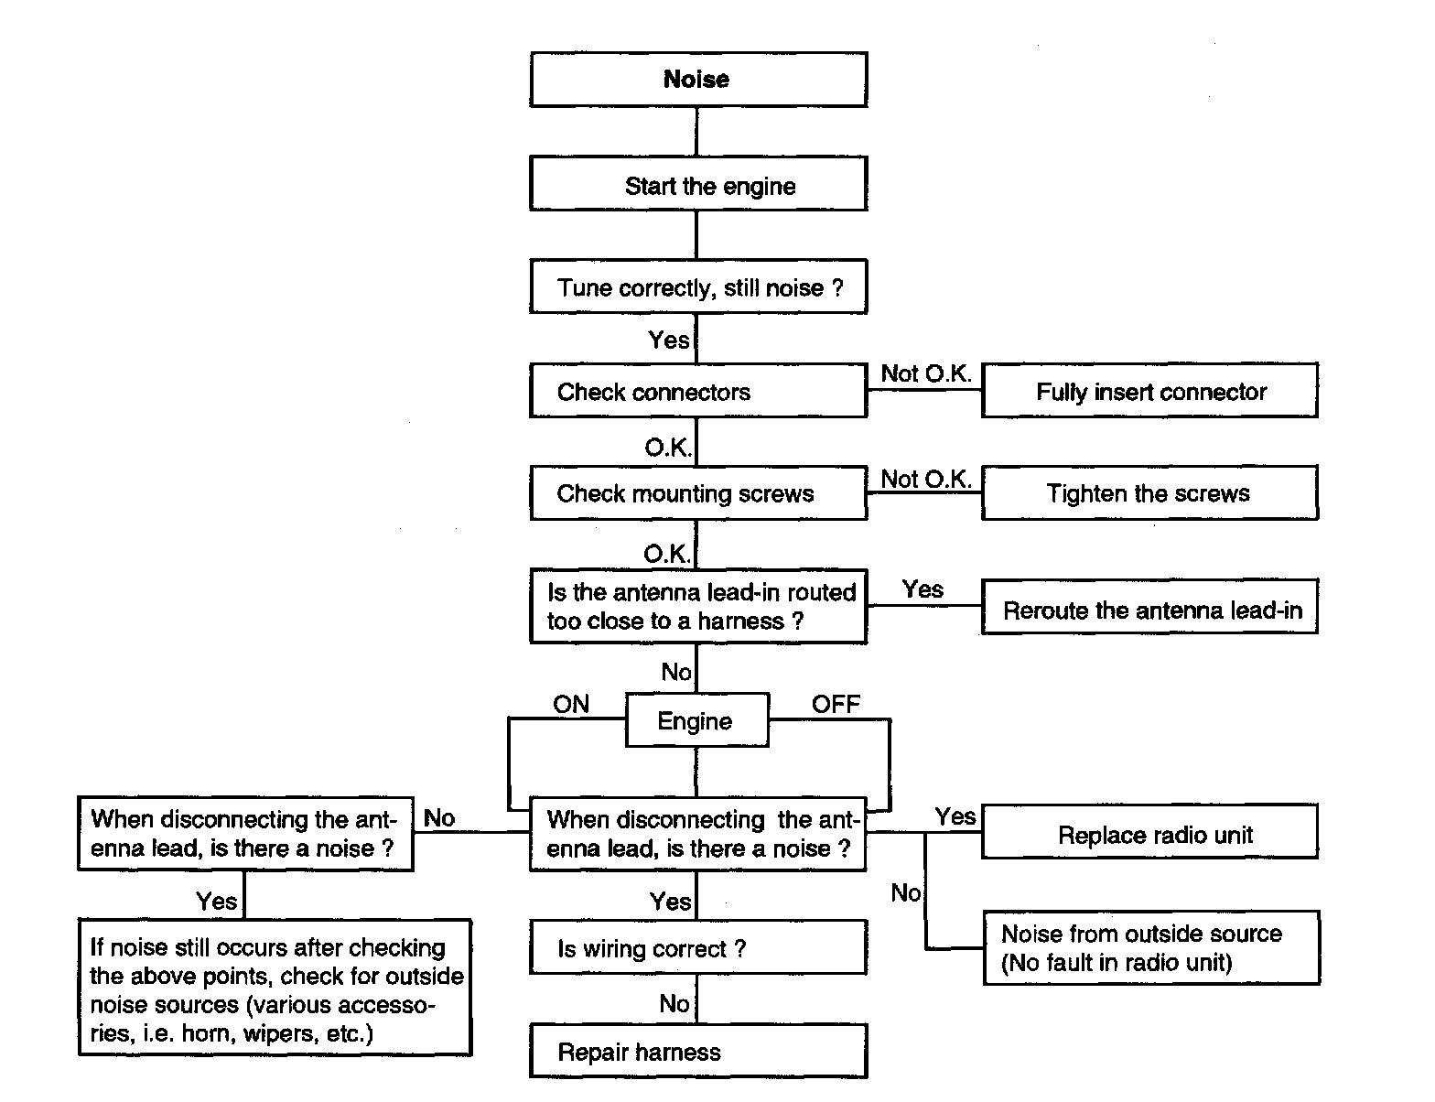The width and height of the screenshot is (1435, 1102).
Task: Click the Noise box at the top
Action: click(698, 80)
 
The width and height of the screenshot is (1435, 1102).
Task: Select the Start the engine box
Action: click(698, 184)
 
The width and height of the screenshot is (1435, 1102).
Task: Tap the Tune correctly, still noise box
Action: click(698, 286)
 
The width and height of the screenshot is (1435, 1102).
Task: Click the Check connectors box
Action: click(698, 390)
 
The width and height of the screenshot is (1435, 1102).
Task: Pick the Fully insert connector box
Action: click(1149, 390)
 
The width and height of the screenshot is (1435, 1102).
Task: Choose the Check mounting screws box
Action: click(698, 493)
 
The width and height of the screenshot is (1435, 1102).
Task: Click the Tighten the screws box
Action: click(1149, 492)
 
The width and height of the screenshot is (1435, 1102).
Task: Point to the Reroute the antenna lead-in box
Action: click(1149, 607)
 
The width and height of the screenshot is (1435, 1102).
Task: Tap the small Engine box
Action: click(697, 719)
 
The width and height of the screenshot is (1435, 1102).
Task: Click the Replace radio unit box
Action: click(1149, 831)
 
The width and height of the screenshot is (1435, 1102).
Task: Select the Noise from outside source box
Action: click(1151, 947)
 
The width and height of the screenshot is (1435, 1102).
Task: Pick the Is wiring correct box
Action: click(698, 946)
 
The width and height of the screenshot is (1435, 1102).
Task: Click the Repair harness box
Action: click(698, 1051)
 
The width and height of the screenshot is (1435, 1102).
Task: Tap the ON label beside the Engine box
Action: click(570, 704)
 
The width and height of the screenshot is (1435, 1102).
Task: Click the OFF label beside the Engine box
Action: click(836, 704)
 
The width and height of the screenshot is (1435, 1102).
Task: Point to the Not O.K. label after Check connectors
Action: click(926, 373)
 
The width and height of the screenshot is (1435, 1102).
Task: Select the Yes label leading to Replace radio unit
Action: click(955, 816)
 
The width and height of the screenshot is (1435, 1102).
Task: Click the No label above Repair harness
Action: click(674, 1004)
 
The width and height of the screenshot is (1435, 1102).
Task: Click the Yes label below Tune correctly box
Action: click(668, 340)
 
